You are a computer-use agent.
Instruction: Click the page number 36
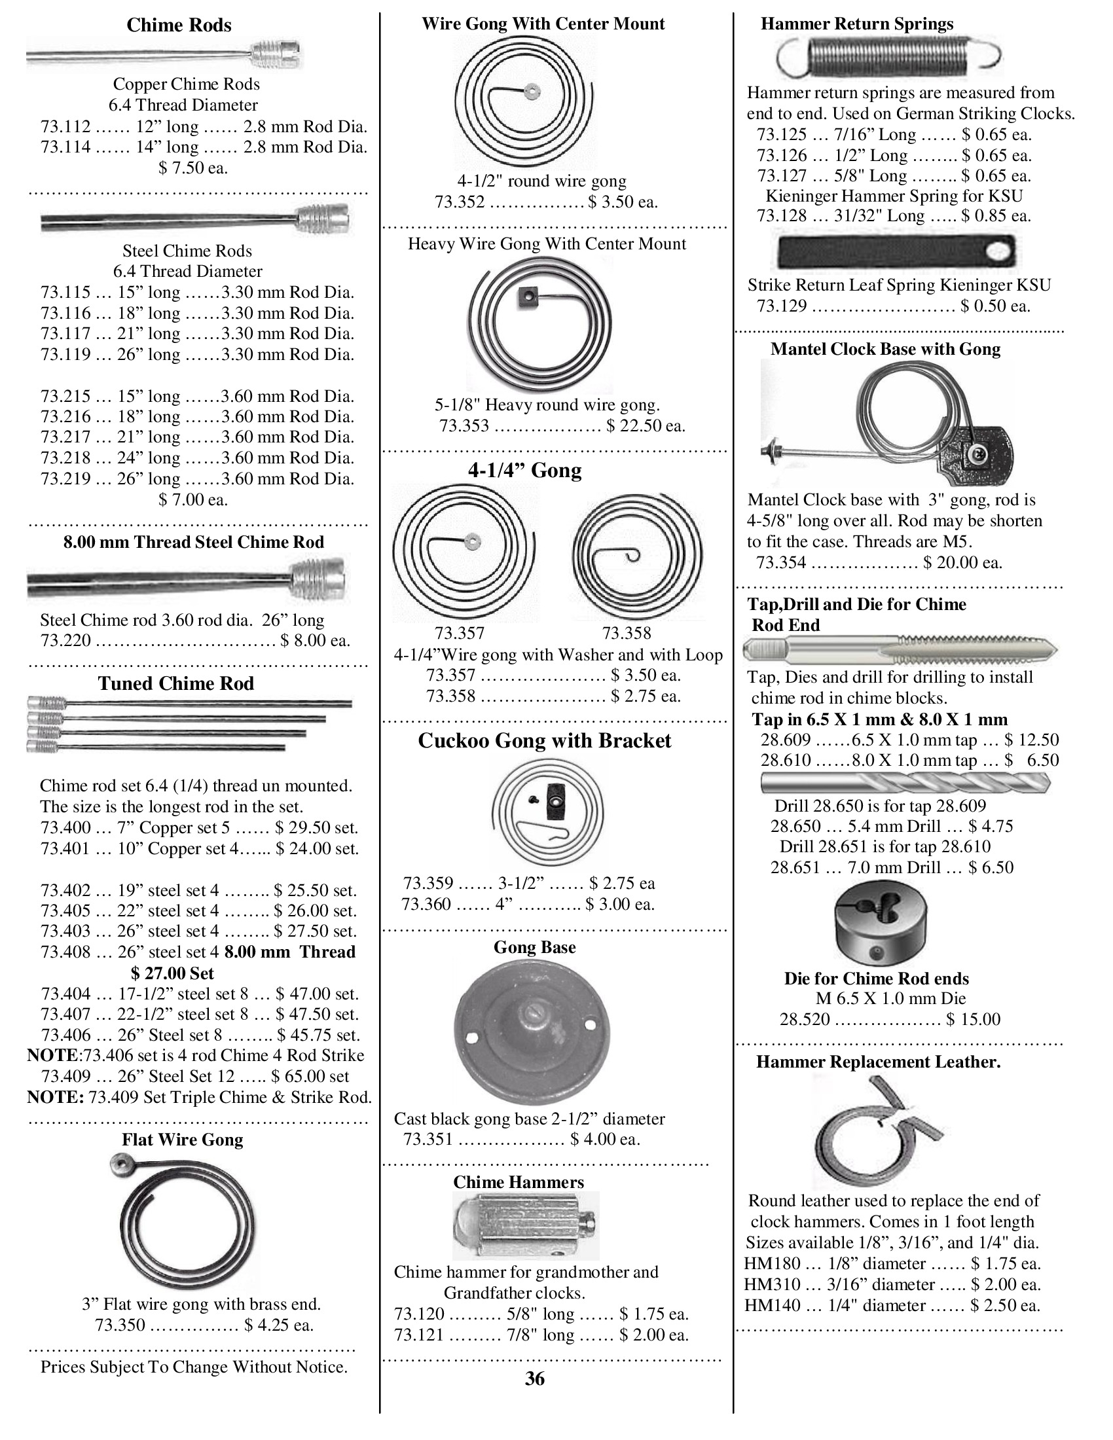pos(535,1378)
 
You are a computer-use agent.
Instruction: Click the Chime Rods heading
pos(179,25)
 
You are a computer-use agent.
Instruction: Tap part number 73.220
pos(65,640)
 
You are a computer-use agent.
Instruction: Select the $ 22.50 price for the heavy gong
pos(646,426)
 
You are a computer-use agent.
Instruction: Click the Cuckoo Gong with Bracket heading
pos(544,740)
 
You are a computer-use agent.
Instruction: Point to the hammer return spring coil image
pos(889,55)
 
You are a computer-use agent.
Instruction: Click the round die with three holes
pos(880,924)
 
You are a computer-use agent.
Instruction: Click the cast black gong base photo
pos(532,1032)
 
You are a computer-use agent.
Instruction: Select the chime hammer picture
pos(526,1225)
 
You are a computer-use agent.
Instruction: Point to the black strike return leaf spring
pos(898,251)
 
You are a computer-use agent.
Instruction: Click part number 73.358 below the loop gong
pos(626,634)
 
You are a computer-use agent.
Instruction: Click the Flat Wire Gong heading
pos(182,1140)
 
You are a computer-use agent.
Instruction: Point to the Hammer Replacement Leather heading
pos(877,1062)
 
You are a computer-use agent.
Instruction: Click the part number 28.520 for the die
pos(805,1019)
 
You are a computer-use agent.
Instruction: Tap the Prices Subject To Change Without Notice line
pos(194,1367)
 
